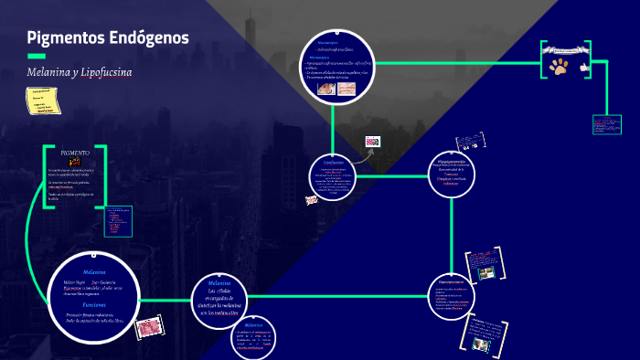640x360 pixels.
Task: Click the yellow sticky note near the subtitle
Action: [x=42, y=101]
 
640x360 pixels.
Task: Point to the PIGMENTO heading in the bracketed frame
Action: [x=75, y=153]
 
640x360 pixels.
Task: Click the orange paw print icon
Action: [x=557, y=66]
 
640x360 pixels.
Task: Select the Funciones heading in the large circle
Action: [x=94, y=304]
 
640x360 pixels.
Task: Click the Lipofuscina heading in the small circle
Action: [x=334, y=162]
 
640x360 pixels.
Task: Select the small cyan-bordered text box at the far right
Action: [x=606, y=123]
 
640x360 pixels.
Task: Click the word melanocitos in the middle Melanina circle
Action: [x=226, y=312]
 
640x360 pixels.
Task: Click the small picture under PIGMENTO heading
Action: [x=75, y=162]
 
